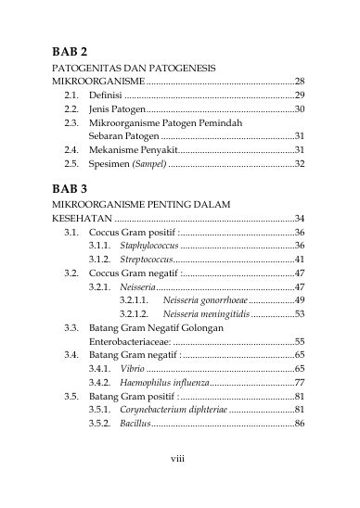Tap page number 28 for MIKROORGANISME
299,82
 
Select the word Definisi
106,95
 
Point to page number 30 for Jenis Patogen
299,109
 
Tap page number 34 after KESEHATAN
299,218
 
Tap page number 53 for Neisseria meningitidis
299,314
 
